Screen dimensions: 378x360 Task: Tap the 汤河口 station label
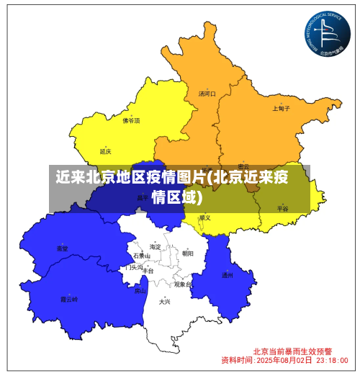point(207,94)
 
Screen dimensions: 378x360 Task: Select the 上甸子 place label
point(282,109)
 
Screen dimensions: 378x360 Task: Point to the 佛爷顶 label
point(132,121)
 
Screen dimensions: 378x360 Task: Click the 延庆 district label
point(106,151)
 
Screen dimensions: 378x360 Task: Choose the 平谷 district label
point(282,208)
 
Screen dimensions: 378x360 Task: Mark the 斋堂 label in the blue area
point(63,248)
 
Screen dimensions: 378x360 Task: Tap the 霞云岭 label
point(68,299)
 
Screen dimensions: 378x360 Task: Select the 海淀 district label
point(156,247)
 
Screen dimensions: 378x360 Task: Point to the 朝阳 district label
point(188,253)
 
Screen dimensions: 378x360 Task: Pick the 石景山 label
point(141,256)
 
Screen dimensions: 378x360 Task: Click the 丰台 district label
point(148,271)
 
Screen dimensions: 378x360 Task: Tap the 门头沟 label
point(133,267)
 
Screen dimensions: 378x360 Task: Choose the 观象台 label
point(182,285)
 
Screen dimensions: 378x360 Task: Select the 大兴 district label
point(165,302)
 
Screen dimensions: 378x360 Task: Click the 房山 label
point(140,292)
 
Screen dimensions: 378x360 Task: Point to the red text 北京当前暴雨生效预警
point(292,351)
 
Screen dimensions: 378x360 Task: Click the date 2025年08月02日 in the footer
point(284,359)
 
